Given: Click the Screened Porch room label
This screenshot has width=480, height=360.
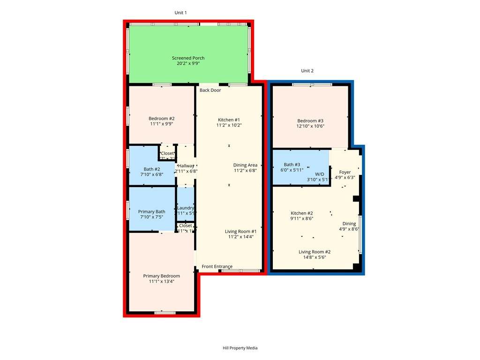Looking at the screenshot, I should (x=188, y=58).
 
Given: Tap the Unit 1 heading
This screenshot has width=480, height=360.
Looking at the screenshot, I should (x=181, y=13).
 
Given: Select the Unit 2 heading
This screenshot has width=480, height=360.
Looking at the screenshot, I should (x=307, y=71).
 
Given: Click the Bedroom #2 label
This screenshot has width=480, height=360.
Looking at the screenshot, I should (x=162, y=119).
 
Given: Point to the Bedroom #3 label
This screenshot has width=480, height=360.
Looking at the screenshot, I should (x=310, y=120).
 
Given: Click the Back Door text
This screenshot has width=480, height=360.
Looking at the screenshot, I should (x=210, y=90).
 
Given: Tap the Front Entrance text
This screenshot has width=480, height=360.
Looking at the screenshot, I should (x=217, y=267).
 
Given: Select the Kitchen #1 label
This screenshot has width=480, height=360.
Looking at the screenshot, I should (x=228, y=120).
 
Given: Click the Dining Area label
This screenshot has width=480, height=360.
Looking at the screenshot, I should (x=245, y=165).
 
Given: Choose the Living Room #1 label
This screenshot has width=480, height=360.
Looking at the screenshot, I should (x=240, y=232).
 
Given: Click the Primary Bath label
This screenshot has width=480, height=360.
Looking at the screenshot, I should (x=151, y=212).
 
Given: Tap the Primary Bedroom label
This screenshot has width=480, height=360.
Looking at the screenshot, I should (x=161, y=276).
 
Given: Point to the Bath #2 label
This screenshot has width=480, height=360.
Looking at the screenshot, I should (x=152, y=169).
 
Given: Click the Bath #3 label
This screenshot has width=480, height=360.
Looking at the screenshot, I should (x=292, y=165).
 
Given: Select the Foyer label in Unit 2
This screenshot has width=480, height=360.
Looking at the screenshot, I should (x=345, y=172).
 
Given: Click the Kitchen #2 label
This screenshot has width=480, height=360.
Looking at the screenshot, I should (x=301, y=213).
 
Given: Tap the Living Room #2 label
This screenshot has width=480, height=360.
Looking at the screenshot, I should (x=315, y=252).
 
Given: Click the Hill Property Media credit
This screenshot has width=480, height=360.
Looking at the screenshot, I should (x=240, y=348).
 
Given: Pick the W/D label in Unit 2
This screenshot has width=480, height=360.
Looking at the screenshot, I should (x=319, y=173).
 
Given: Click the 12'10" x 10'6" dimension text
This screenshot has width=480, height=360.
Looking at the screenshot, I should (x=310, y=126).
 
